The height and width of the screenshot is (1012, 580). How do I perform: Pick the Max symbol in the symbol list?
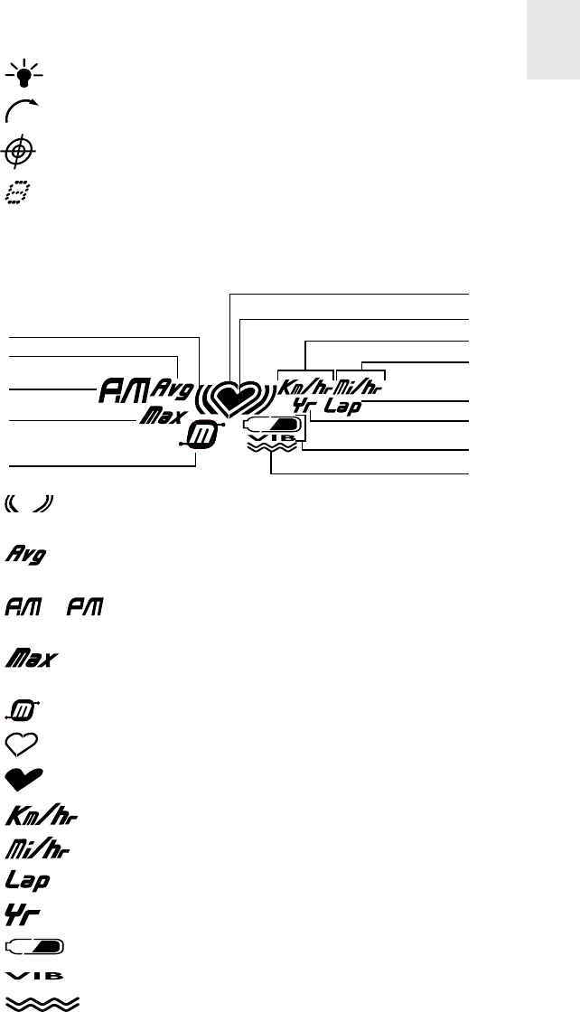(33, 658)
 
